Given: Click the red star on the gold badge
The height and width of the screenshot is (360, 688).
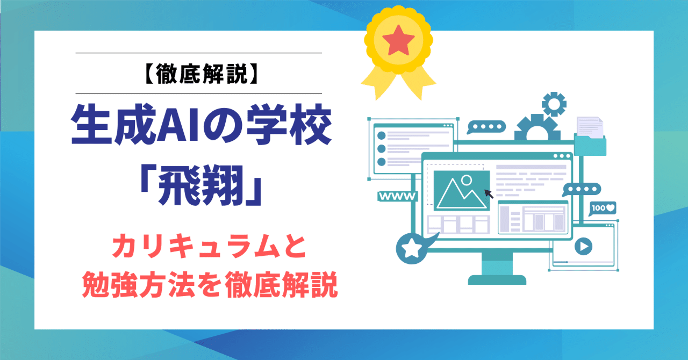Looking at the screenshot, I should point(399,39).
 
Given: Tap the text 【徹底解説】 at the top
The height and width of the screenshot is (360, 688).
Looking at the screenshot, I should point(198,74).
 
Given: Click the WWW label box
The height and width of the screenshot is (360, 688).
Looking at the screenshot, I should point(398,196).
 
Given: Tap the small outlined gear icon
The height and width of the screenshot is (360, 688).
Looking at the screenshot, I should point(554,104).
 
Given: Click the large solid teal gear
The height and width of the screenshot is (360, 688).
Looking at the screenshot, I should point(534,128).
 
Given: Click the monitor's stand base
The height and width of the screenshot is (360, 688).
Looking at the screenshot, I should point(497,279).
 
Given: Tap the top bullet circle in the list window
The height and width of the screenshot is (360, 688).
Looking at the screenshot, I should point(382,135).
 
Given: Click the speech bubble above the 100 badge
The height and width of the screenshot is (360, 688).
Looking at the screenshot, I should point(582,189).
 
